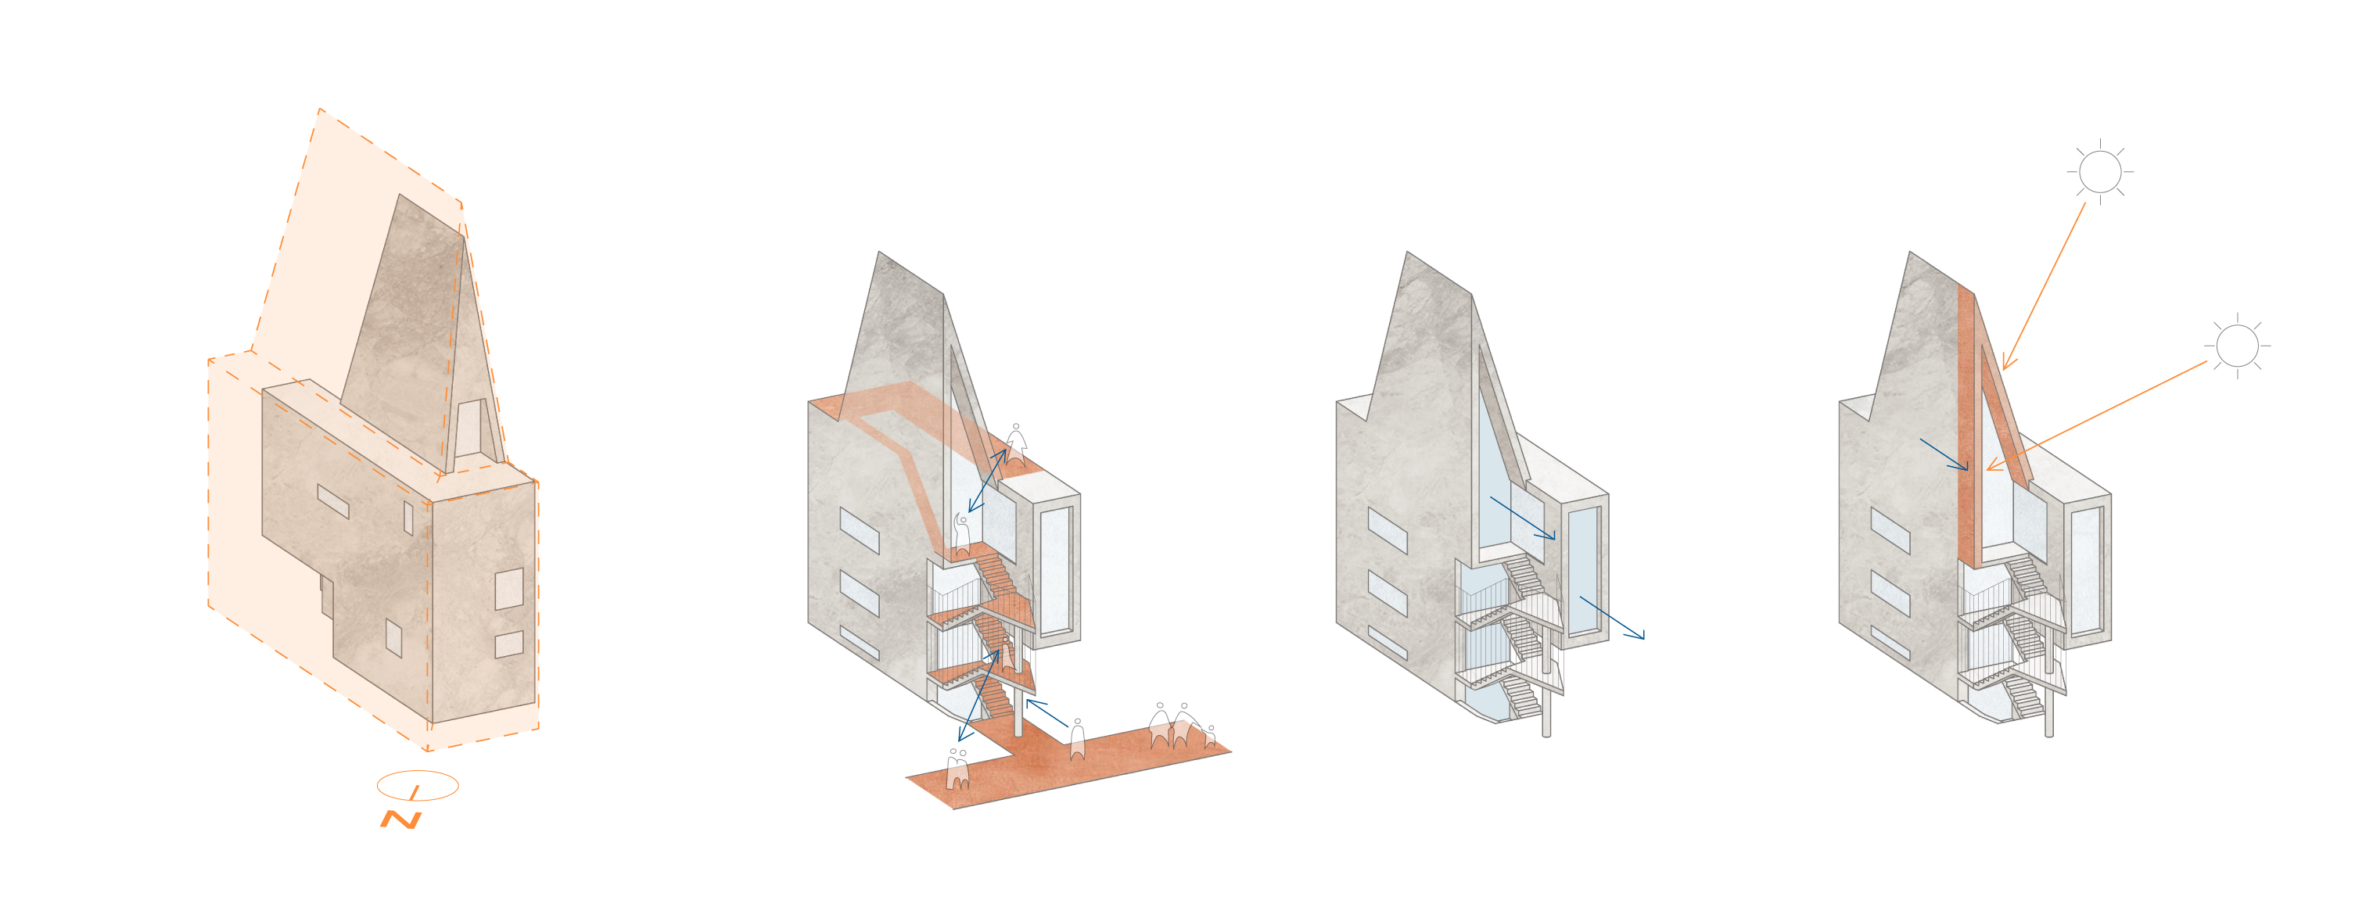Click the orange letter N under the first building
(x=401, y=819)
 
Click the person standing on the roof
(x=1015, y=444)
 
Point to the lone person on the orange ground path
(x=1077, y=739)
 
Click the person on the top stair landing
(x=961, y=535)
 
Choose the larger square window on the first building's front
(x=509, y=589)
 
